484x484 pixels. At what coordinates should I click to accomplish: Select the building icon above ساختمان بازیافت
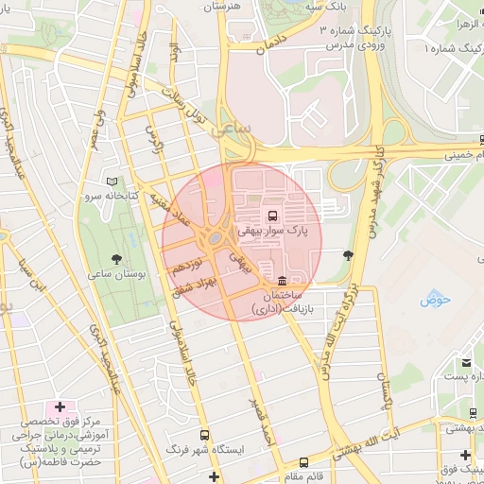tap(283, 280)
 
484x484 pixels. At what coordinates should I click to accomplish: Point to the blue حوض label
tap(437, 300)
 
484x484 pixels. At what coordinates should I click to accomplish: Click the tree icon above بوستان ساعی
tap(117, 257)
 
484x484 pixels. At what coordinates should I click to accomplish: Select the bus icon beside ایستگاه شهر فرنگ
tap(171, 448)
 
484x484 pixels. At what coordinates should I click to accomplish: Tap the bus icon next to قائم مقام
tap(303, 463)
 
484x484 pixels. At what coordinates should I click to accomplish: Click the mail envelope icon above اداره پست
tap(466, 363)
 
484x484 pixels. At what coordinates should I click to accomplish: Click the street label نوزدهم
tap(185, 269)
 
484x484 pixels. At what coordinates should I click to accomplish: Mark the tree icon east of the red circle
tap(349, 254)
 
